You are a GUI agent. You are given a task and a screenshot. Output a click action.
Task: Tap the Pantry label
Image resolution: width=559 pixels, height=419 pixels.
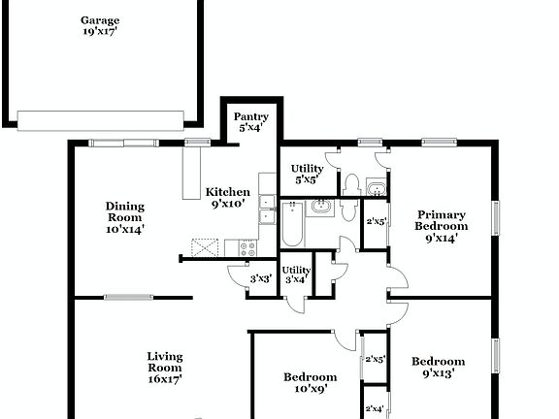click(251, 117)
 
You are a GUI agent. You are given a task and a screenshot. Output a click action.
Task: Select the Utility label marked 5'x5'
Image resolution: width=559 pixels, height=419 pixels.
click(309, 168)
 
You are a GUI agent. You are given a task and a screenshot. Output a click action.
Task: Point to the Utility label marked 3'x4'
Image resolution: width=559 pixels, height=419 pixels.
click(296, 270)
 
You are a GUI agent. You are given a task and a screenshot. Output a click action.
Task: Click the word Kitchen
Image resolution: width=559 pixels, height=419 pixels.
click(228, 192)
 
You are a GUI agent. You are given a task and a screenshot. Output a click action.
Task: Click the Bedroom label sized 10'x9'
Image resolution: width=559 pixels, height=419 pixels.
click(310, 377)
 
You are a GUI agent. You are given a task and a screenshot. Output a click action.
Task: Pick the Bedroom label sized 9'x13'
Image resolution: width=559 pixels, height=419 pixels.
click(438, 362)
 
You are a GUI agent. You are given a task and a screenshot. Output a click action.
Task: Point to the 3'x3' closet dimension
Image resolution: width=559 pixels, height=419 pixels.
click(260, 279)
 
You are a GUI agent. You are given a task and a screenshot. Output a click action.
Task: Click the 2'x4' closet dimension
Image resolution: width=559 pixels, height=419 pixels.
click(375, 409)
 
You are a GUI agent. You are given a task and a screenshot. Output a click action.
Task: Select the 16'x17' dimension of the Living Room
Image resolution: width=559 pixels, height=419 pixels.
click(165, 379)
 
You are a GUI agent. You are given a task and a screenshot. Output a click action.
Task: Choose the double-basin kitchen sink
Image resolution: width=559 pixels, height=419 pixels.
click(266, 212)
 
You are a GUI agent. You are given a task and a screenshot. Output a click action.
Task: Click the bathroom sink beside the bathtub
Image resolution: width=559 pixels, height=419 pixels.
click(321, 208)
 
